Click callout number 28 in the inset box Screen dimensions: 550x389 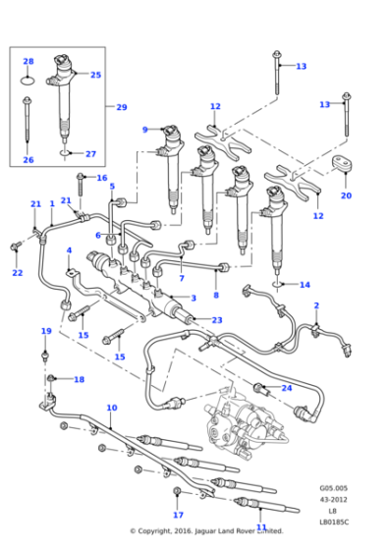click(x=28, y=61)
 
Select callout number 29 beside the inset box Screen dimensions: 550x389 click(x=122, y=107)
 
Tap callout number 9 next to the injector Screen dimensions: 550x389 click(x=144, y=130)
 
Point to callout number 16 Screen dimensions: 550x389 click(x=101, y=178)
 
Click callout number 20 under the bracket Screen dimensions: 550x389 click(x=346, y=195)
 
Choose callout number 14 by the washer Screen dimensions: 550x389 click(x=305, y=285)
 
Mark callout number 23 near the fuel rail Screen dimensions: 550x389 click(x=217, y=320)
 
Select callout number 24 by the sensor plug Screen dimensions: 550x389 click(x=287, y=388)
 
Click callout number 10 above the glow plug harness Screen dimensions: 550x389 click(x=111, y=408)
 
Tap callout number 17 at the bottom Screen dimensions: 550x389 click(x=178, y=515)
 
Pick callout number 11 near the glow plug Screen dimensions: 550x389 click(x=261, y=527)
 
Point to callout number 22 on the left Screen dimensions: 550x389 click(x=17, y=273)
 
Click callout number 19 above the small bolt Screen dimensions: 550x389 click(x=46, y=331)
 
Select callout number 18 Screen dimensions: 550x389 click(x=79, y=379)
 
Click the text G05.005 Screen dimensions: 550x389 click(x=334, y=487)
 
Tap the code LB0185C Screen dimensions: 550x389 click(x=334, y=522)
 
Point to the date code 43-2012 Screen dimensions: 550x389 click(x=334, y=499)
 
